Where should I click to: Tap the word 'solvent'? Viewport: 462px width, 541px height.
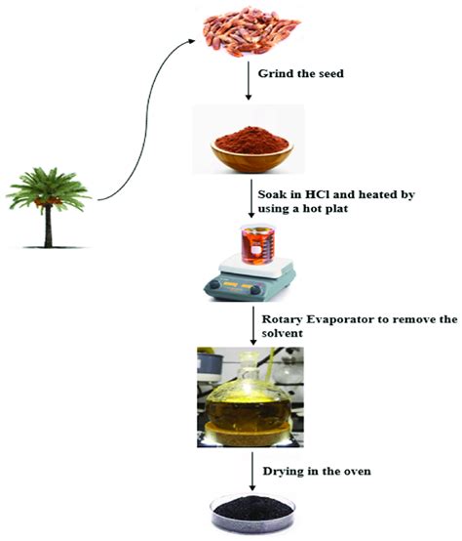click(x=281, y=334)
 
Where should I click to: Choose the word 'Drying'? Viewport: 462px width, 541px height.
click(x=283, y=473)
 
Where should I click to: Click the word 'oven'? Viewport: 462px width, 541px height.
click(x=366, y=473)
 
